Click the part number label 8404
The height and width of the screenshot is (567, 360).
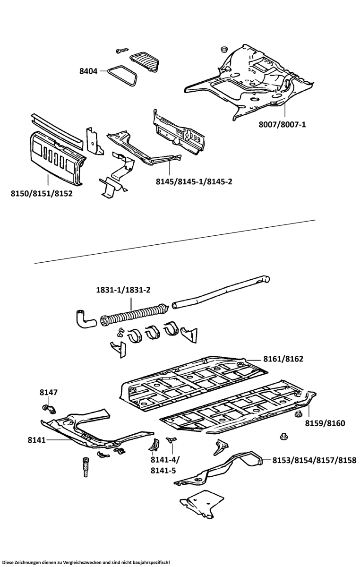[88, 71]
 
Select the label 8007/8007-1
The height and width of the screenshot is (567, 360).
[283, 125]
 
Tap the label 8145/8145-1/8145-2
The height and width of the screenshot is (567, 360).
[194, 181]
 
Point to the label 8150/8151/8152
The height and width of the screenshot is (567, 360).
[42, 193]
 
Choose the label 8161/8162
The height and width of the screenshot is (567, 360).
[283, 359]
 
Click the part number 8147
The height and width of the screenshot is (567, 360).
[48, 392]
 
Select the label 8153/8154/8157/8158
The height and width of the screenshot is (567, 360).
[314, 459]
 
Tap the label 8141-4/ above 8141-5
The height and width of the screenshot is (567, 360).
[165, 460]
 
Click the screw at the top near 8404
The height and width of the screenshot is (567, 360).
[122, 50]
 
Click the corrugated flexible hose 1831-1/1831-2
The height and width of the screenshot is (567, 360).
[135, 315]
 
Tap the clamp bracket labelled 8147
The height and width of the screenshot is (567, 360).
[49, 408]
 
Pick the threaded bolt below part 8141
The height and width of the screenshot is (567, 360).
[86, 467]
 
